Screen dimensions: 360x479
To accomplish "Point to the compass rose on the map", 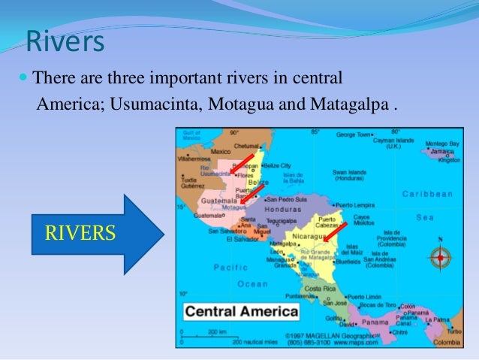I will point(439,258).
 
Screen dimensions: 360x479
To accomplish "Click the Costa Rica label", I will point(319,288).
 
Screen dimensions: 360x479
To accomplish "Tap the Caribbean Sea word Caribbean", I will point(427,193).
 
